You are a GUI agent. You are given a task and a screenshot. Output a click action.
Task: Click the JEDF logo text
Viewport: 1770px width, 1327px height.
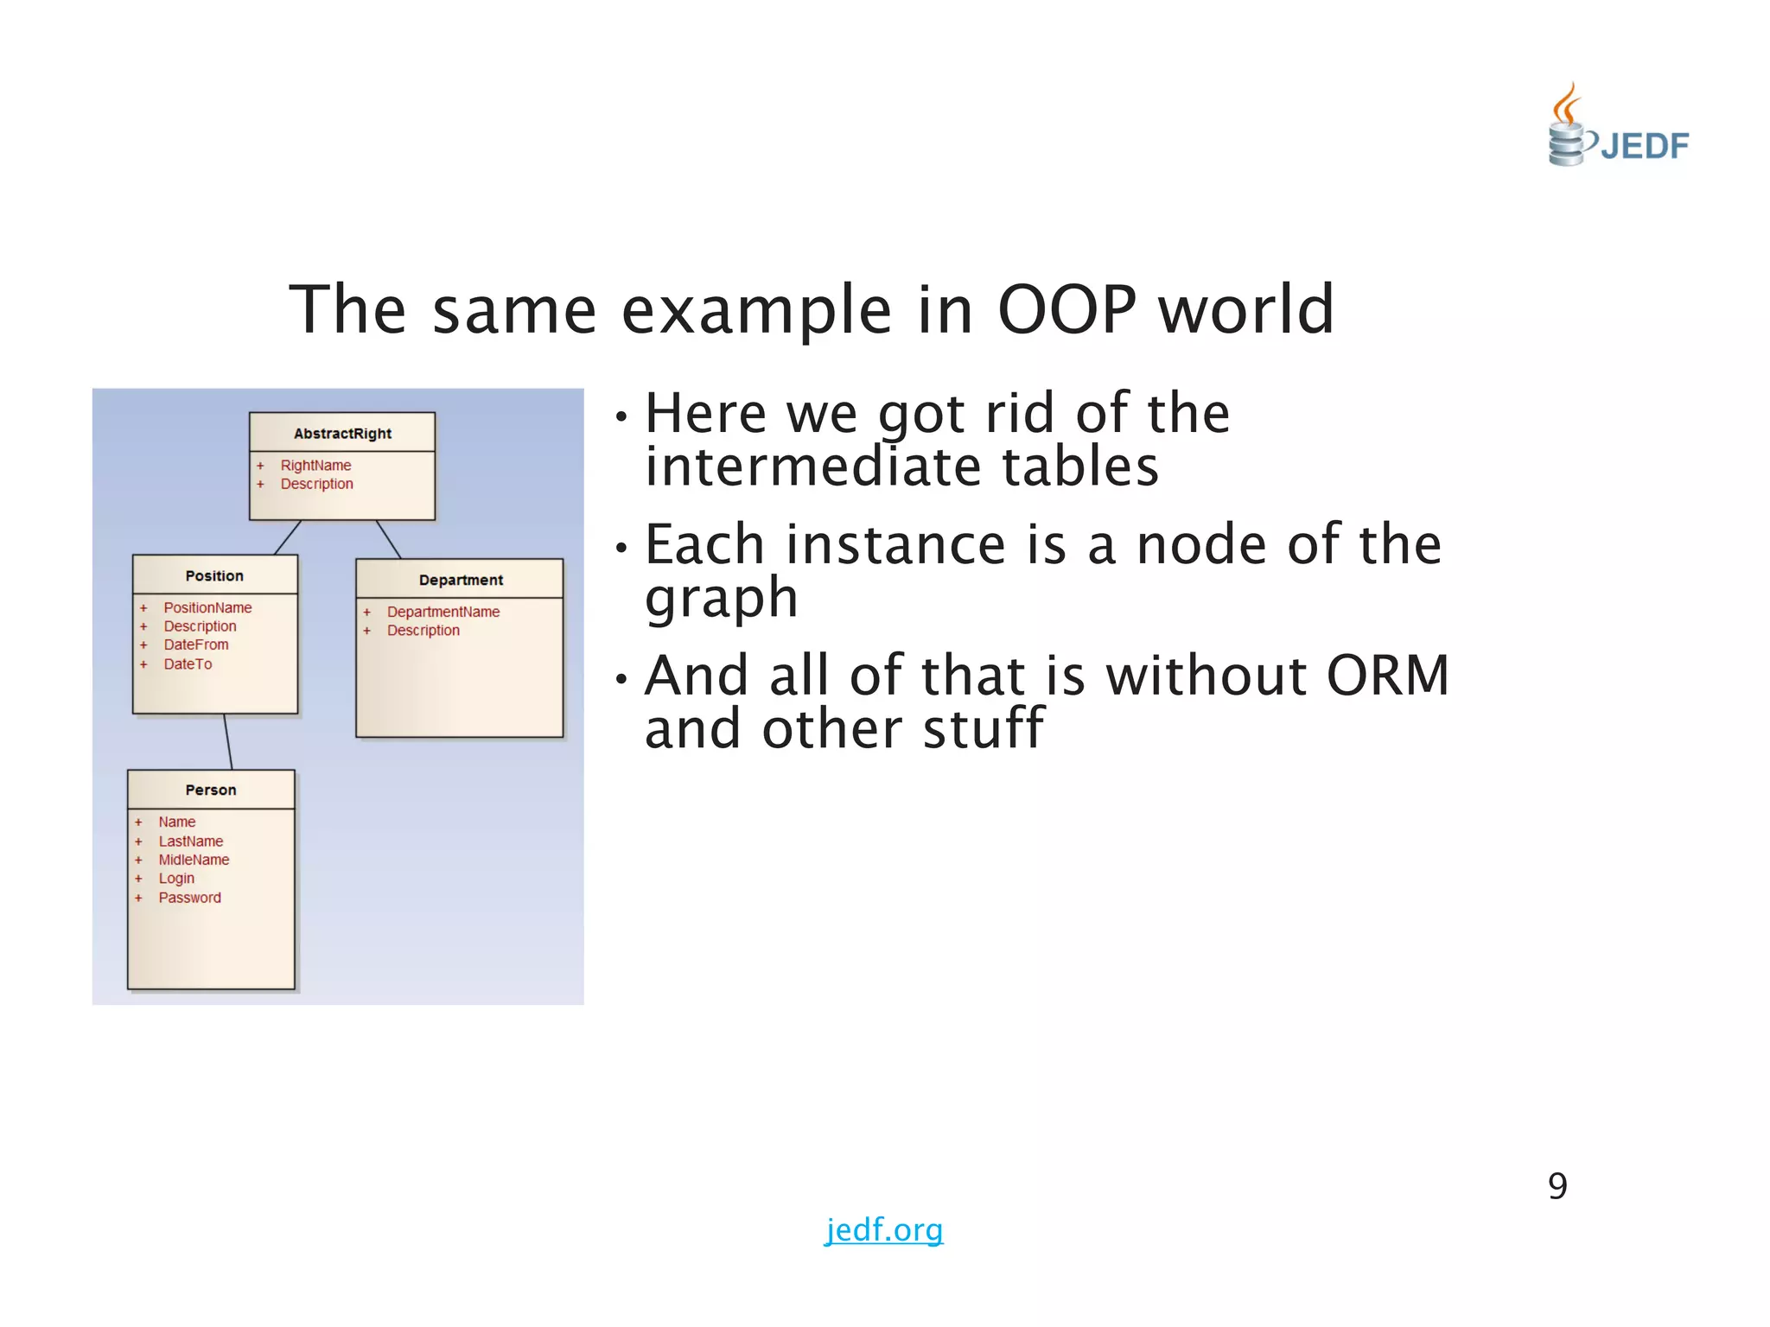(1644, 146)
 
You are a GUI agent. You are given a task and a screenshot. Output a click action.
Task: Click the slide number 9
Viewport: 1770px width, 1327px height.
(1557, 1186)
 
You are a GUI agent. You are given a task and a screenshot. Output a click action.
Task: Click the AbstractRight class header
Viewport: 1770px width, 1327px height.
(342, 433)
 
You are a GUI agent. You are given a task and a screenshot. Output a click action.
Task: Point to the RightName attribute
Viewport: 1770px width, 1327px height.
(315, 465)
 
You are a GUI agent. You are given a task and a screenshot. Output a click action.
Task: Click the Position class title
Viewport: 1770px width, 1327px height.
(214, 575)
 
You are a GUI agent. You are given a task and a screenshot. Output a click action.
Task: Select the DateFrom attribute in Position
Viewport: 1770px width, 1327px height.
(196, 644)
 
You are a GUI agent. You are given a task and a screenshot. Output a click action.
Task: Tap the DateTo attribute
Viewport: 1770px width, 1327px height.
(188, 663)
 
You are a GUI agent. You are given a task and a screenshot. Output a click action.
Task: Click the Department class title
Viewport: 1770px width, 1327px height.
(461, 580)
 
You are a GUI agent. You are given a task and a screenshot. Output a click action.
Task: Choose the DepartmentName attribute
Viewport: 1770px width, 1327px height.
(443, 612)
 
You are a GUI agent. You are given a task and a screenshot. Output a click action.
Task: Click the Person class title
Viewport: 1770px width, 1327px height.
(211, 790)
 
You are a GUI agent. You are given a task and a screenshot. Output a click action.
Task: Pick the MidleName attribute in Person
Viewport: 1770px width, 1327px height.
(194, 860)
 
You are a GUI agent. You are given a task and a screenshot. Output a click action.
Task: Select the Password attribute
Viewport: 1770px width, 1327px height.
(189, 898)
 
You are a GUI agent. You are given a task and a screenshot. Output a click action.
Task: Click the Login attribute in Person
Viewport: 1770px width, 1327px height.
(176, 879)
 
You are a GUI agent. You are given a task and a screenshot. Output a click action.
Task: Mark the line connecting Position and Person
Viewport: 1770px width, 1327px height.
(228, 741)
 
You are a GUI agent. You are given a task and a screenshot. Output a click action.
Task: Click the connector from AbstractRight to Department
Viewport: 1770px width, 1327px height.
(389, 540)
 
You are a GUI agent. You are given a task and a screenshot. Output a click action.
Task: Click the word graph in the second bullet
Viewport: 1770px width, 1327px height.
(721, 598)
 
